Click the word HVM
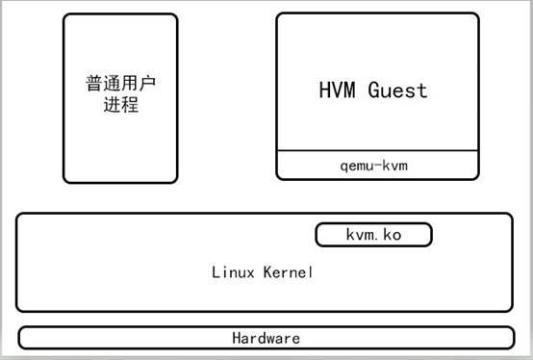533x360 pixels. click(338, 90)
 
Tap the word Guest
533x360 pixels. click(394, 90)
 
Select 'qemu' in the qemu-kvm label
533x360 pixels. click(356, 166)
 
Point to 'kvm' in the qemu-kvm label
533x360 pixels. click(395, 166)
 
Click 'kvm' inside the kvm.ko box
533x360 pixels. click(360, 235)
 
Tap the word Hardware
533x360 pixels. click(266, 339)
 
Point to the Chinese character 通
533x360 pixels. click(112, 85)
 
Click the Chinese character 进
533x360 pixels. click(112, 105)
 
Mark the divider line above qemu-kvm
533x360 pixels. click(377, 151)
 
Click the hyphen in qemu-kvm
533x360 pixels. click(376, 166)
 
